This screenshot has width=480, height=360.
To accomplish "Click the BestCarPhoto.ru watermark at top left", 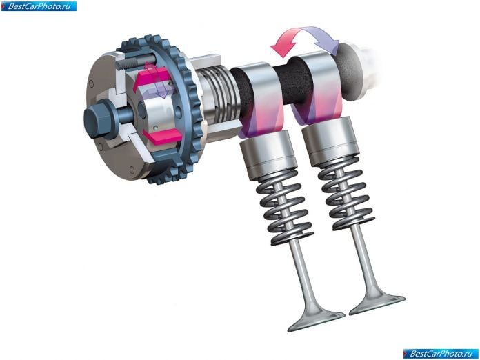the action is coord(39,6).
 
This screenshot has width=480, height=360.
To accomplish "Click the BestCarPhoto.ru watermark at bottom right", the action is coord(441,354).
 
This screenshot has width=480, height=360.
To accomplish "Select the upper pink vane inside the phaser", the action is coord(150,78).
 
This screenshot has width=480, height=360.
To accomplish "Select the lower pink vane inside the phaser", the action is coord(162,137).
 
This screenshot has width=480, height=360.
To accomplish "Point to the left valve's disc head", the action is coord(316,319).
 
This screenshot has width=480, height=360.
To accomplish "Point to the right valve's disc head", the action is coord(377,303).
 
